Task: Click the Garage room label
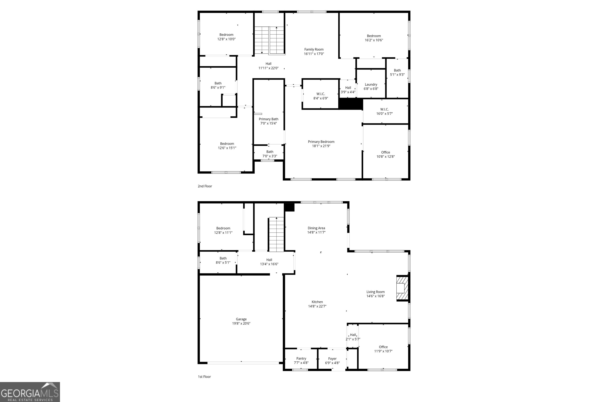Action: [x=241, y=319]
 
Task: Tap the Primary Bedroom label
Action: [x=321, y=142]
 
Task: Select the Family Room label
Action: [x=314, y=49]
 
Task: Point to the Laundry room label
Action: [x=371, y=85]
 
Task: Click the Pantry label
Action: [x=301, y=358]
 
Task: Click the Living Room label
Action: [x=375, y=292]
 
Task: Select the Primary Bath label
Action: [x=268, y=119]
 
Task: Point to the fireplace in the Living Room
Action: [x=402, y=288]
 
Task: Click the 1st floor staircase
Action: [x=276, y=235]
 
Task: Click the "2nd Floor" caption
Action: [x=205, y=186]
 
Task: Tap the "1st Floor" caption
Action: [x=204, y=377]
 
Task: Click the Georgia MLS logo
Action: [x=30, y=392]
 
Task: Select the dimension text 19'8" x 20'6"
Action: [x=241, y=324]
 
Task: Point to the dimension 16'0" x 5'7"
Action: [x=384, y=114]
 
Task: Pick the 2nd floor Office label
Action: [x=385, y=152]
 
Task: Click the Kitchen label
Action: [x=317, y=302]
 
